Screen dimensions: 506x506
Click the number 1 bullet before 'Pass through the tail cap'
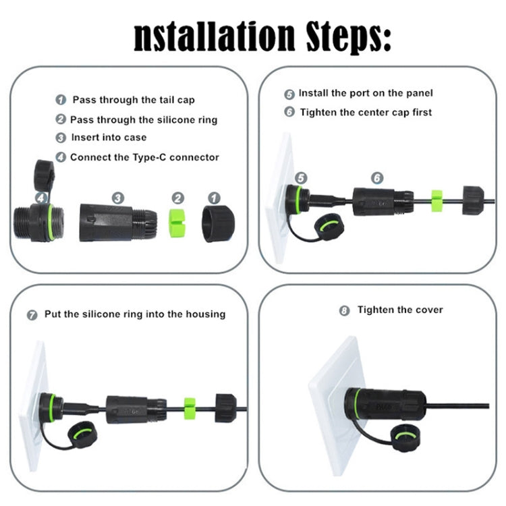tap(61, 100)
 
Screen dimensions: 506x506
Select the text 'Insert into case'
tap(109, 138)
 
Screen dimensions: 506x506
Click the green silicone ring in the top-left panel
tap(177, 221)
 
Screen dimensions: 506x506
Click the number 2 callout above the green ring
tap(177, 198)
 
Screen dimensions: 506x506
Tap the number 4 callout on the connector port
tap(43, 198)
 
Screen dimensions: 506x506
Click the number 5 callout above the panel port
tap(301, 177)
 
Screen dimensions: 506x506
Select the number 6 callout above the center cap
tap(376, 177)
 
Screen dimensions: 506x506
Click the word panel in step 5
tap(418, 93)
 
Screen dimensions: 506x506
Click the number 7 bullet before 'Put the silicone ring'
tap(32, 314)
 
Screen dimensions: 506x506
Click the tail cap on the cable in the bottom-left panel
tap(225, 407)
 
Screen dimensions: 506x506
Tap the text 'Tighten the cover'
tap(400, 310)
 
